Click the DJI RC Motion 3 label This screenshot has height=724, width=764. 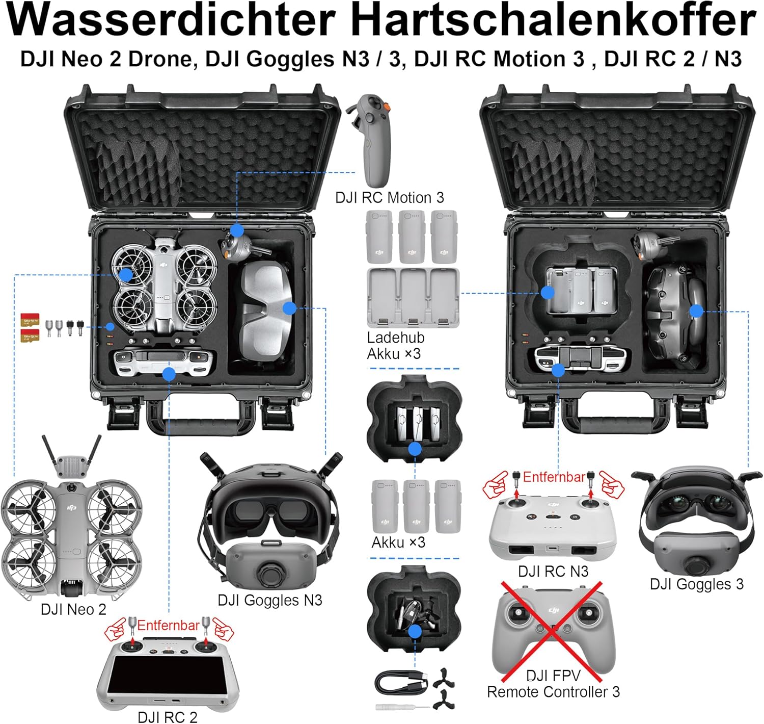click(389, 198)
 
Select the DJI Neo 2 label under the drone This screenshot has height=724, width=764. click(73, 609)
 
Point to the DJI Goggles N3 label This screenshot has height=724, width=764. click(270, 600)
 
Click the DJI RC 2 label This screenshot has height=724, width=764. click(168, 717)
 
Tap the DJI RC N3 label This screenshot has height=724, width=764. click(553, 571)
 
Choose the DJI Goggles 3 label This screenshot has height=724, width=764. click(697, 584)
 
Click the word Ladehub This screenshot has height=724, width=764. click(396, 338)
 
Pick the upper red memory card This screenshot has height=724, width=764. click(30, 320)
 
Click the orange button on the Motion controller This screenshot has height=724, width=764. click(386, 107)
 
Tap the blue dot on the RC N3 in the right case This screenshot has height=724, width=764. click(558, 370)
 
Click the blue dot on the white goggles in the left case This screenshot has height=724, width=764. click(289, 308)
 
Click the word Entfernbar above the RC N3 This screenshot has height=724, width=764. click(554, 477)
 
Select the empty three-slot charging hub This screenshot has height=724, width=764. click(413, 297)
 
